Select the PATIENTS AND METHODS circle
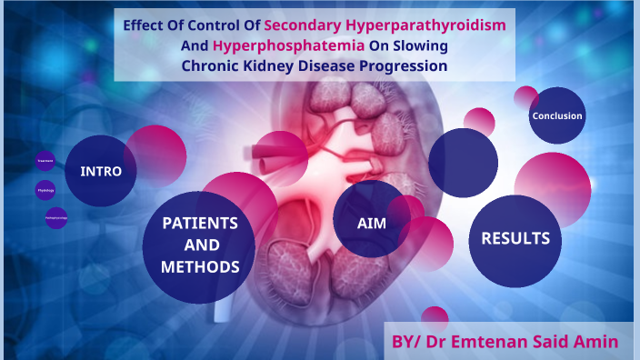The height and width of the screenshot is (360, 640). pos(200,245)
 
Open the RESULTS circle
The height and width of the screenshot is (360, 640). pos(515,238)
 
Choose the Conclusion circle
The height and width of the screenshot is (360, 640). pos(557,115)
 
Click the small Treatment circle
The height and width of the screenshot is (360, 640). pos(45,160)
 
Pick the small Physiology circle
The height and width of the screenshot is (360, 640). pos(45,190)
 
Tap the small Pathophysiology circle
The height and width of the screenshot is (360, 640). pos(55,218)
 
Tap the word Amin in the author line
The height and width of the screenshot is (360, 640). pos(596,342)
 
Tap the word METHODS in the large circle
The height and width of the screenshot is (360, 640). pos(200,266)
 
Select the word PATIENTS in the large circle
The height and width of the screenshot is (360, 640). pos(200,223)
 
